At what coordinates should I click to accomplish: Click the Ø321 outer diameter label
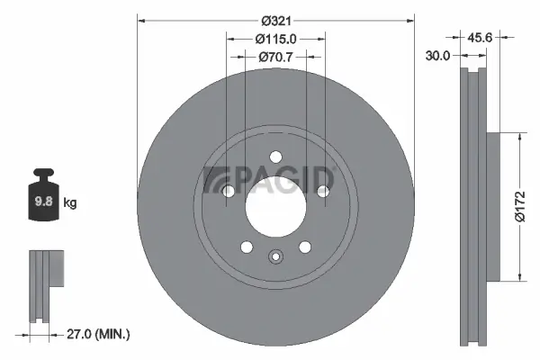275,21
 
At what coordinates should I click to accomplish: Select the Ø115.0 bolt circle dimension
275,39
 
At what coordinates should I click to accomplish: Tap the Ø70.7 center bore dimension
275,57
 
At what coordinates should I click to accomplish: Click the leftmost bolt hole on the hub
229,191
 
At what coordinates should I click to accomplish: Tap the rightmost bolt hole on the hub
322,191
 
